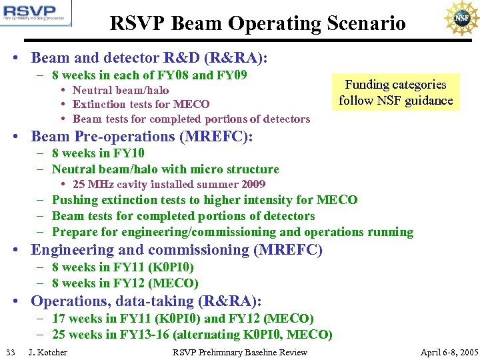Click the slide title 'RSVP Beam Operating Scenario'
(x=257, y=24)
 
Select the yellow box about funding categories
(x=395, y=93)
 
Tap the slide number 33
(x=10, y=352)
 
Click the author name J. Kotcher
(x=47, y=352)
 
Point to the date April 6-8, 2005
(x=449, y=352)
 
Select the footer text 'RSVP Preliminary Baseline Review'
(x=240, y=352)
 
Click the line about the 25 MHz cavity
(x=169, y=184)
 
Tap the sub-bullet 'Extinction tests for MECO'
(x=141, y=104)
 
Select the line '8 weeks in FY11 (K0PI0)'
(x=123, y=267)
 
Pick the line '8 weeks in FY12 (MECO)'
(x=125, y=283)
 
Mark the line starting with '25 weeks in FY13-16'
(x=192, y=334)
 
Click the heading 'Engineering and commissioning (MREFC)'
(x=177, y=250)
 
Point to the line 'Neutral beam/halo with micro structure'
(x=165, y=169)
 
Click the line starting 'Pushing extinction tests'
(x=205, y=199)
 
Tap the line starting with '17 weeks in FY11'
(x=183, y=319)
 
